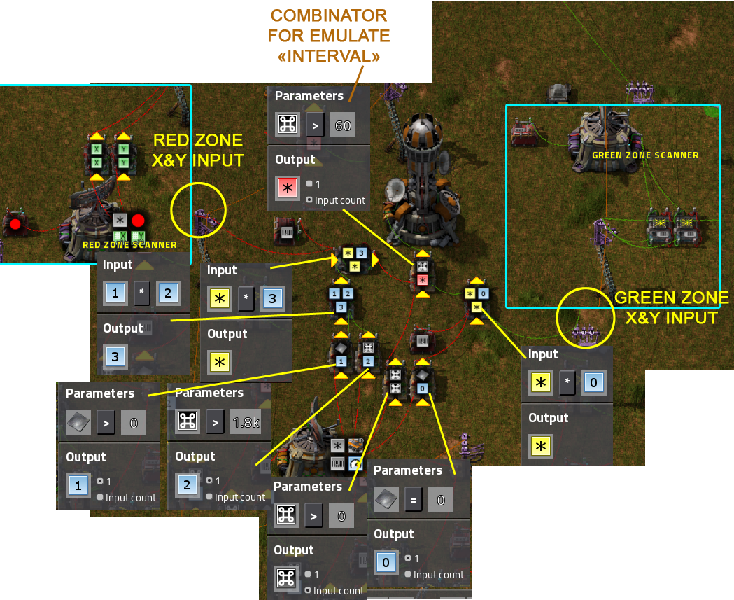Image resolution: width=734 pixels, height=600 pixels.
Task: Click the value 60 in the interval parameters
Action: coord(343,126)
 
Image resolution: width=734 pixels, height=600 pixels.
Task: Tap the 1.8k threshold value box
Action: coord(245,422)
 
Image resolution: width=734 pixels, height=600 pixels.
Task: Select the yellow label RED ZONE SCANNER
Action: coord(129,245)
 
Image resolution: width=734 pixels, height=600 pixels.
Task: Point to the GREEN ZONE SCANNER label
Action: coord(645,155)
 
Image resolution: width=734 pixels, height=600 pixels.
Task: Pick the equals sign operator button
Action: coord(412,500)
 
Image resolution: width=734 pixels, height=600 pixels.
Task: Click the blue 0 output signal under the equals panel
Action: coord(386,562)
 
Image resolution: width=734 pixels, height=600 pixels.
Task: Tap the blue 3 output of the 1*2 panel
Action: coord(115,356)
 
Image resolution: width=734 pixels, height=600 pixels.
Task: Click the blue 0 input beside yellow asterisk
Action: coord(593,383)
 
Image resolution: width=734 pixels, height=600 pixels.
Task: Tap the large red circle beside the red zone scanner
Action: coord(138,221)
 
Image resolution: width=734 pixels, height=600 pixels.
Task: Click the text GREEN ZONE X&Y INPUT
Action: coord(670,308)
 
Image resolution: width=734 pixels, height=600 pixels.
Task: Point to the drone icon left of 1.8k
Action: coord(187,422)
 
